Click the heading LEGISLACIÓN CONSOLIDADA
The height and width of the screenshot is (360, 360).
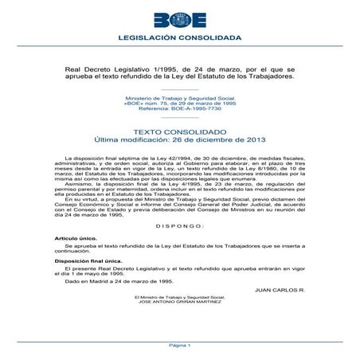[179, 37]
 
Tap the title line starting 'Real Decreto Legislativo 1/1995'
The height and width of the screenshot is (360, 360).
[179, 69]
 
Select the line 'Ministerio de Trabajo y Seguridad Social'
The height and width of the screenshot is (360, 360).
[179, 97]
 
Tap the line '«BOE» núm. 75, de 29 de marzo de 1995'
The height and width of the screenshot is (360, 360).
[179, 103]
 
